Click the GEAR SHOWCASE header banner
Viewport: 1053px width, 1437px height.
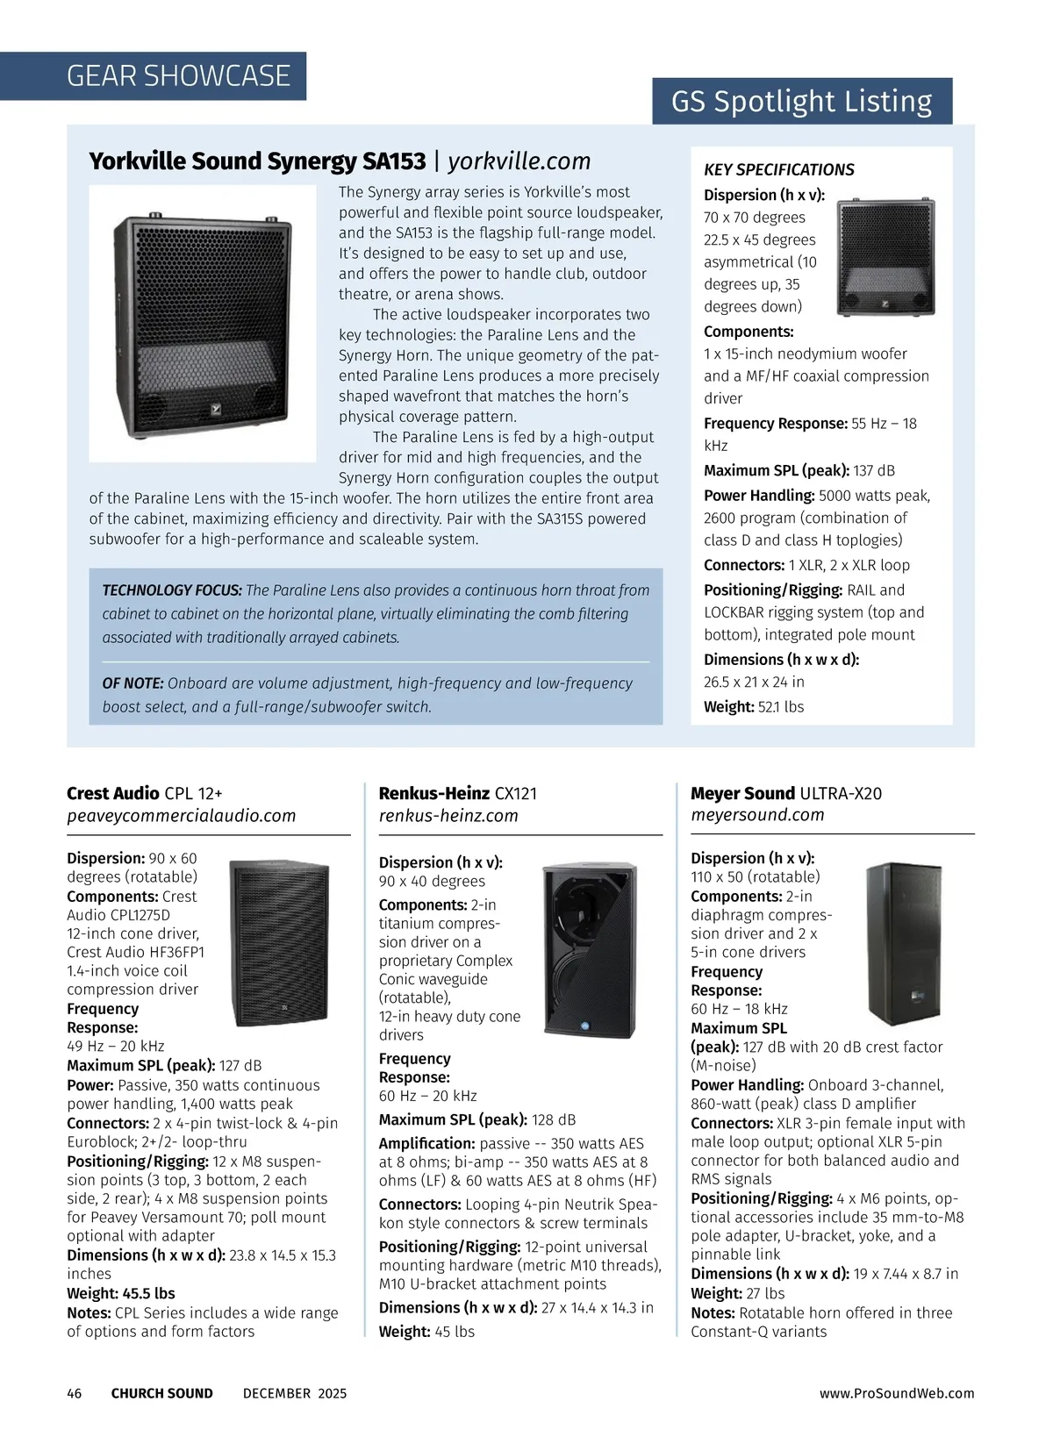pos(178,76)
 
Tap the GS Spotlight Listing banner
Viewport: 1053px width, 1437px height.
pos(801,102)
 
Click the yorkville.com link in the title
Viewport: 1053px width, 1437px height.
pos(519,161)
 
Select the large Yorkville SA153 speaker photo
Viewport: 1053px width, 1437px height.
pos(203,323)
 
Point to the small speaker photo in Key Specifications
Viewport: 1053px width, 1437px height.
pos(885,257)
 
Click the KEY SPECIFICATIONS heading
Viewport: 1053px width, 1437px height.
pos(778,170)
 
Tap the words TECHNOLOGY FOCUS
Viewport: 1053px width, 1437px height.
pos(172,590)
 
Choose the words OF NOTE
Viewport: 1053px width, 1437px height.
pos(133,683)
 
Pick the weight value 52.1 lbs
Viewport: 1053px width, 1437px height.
pos(780,707)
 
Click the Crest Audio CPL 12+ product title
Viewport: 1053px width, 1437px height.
pos(145,794)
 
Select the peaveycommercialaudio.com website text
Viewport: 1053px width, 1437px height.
pos(181,816)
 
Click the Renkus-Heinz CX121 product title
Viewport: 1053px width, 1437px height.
pos(457,794)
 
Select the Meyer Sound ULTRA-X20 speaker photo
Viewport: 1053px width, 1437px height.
pos(898,944)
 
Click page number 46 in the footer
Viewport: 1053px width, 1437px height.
pos(75,1393)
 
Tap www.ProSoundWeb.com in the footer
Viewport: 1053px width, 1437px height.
pos(896,1393)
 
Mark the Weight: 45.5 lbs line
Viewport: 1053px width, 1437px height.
pos(121,1293)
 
